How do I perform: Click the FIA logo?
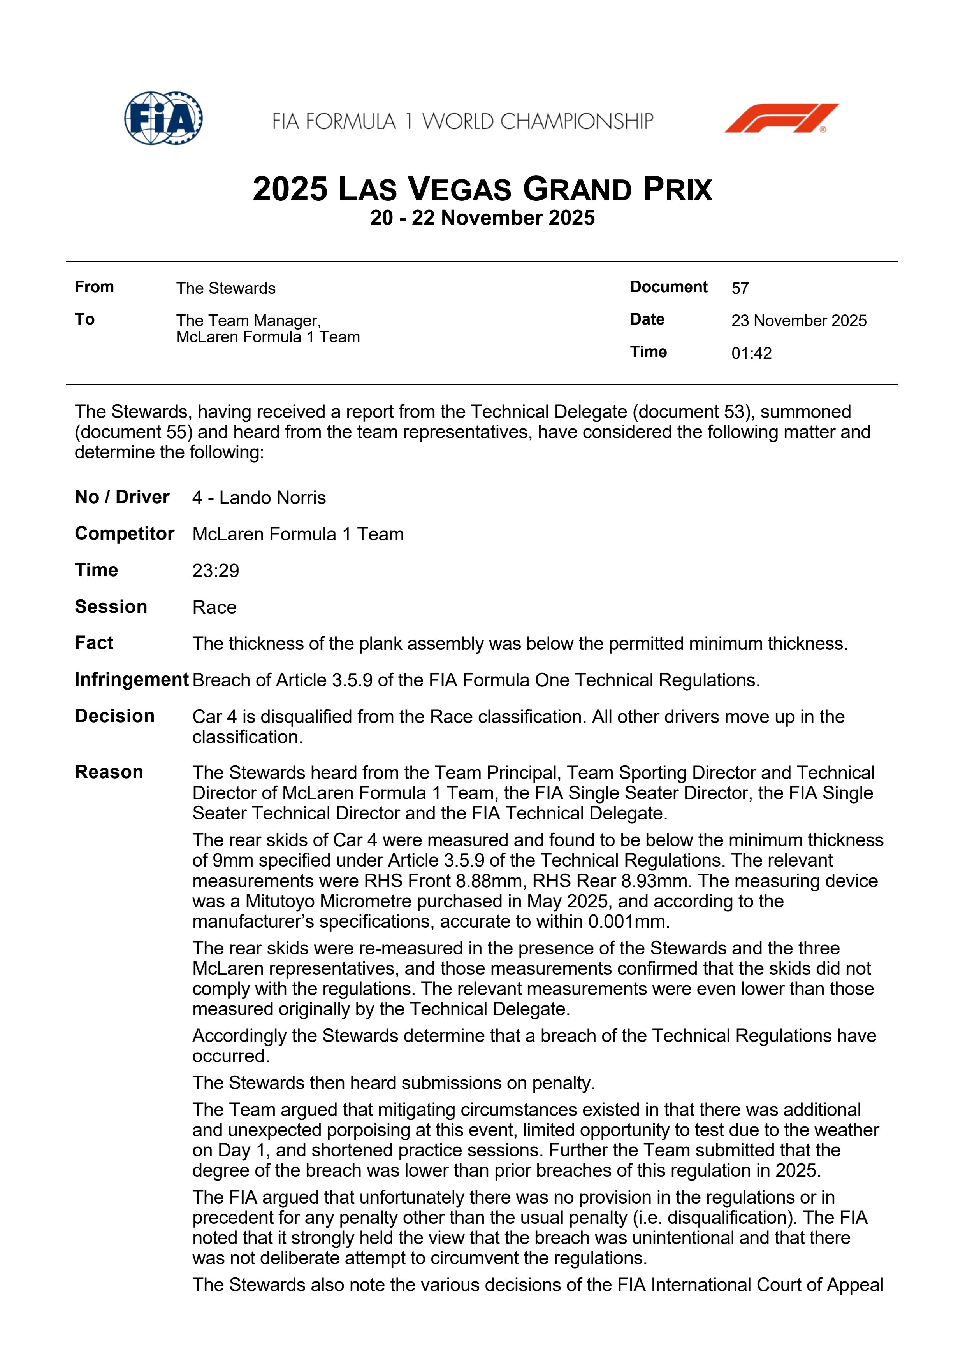[163, 118]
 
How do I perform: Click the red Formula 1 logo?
[781, 118]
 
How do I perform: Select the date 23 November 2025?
[798, 321]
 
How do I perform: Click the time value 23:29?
[215, 571]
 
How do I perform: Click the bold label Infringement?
[132, 679]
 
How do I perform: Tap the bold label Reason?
[109, 772]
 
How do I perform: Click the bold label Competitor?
[124, 534]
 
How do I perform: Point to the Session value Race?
[214, 607]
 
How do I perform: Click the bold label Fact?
[94, 643]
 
